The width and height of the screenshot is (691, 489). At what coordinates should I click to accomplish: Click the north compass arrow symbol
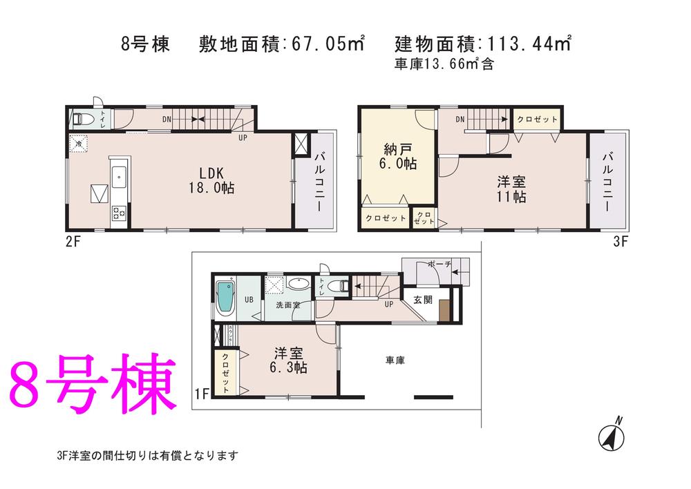tap(612, 435)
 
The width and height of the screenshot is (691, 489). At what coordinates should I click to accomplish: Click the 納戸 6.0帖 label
tap(397, 157)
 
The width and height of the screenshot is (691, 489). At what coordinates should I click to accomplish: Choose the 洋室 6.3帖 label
tap(287, 361)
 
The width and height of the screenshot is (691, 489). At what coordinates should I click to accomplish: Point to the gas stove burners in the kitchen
tap(117, 213)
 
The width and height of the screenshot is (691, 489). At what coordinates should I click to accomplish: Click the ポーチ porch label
tap(439, 264)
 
